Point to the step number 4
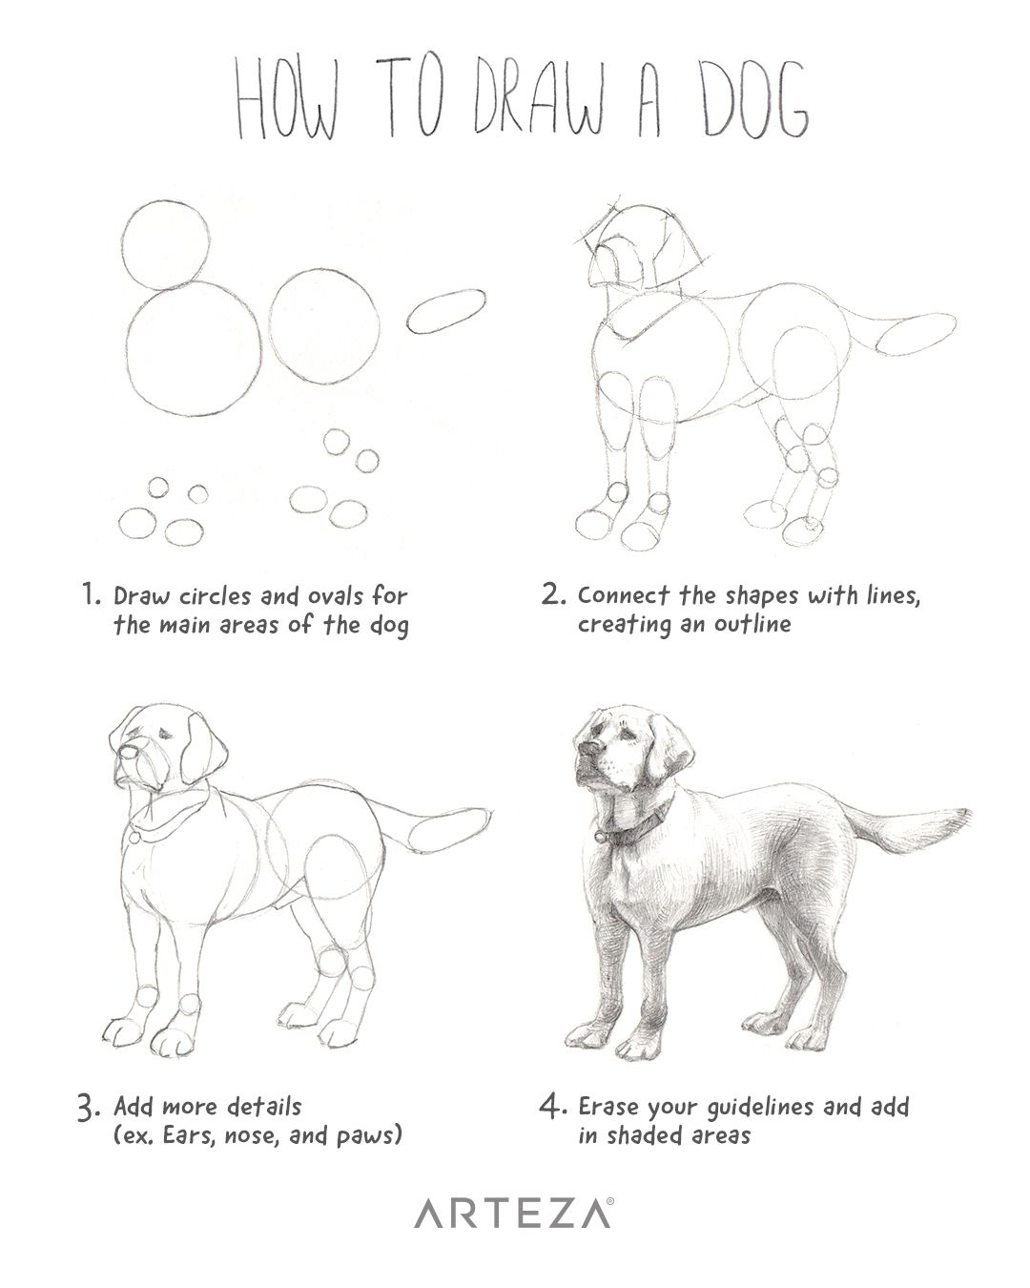pos(552,1108)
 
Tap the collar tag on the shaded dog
pos(602,836)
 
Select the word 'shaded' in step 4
pos(650,1136)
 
